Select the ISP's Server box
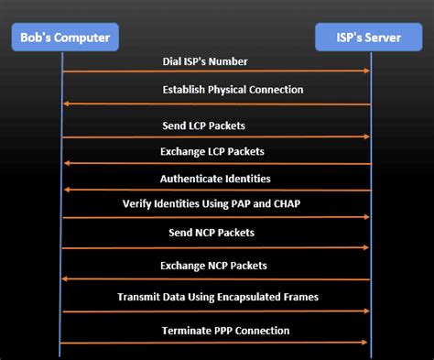[371, 38]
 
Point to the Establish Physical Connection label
[233, 90]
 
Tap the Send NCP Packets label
[212, 233]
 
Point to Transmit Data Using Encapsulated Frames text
[217, 297]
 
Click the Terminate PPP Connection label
[225, 330]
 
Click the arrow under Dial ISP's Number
[215, 71]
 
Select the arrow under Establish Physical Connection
[215, 104]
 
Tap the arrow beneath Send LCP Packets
[215, 137]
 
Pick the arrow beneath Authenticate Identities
[215, 191]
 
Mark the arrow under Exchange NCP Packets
[215, 279]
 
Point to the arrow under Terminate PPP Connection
[215, 344]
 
